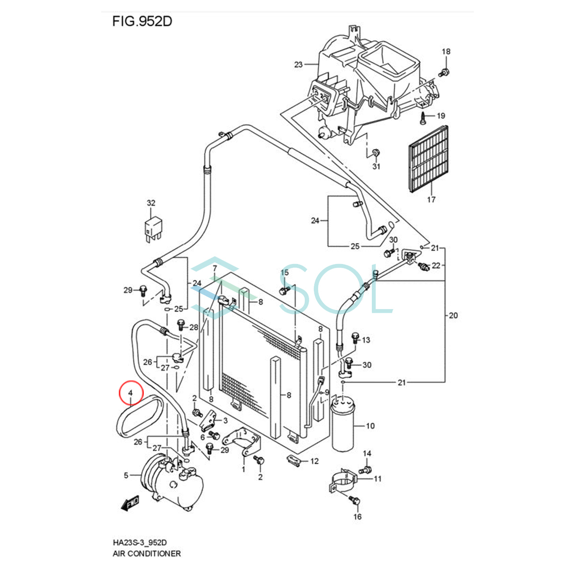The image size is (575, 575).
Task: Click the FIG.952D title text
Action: [142, 22]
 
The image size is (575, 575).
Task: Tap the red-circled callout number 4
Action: [131, 393]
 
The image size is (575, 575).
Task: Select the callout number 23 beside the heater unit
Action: [299, 64]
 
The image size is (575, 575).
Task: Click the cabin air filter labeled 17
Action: [428, 159]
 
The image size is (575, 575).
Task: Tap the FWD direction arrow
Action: [130, 504]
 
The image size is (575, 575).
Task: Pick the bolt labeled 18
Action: [444, 72]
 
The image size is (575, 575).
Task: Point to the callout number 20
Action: [453, 315]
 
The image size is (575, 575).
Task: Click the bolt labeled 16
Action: [355, 501]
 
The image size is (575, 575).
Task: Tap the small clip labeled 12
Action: [295, 460]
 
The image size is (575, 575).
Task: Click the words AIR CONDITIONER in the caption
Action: [147, 553]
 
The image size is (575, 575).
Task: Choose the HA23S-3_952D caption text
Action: [140, 542]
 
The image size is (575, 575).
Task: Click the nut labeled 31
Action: [376, 153]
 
